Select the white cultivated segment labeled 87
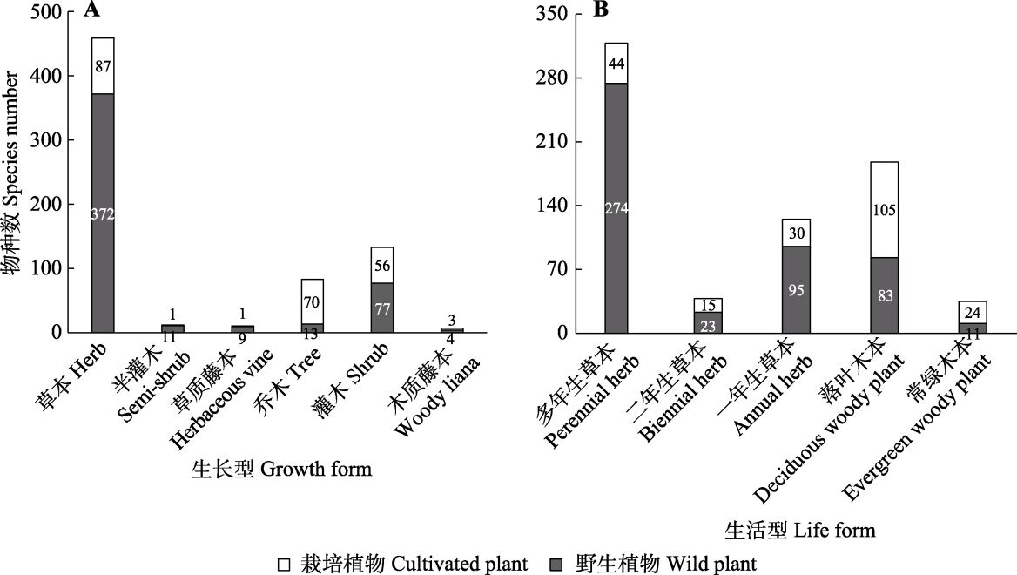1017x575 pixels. coord(103,66)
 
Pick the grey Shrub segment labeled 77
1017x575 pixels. coord(381,308)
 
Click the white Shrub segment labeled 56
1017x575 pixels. coord(381,265)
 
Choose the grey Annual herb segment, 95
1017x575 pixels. coord(797,289)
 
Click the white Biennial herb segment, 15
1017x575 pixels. coord(708,305)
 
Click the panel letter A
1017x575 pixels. coord(90,11)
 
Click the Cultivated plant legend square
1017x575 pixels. coord(284,565)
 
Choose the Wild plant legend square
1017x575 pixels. coord(560,565)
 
